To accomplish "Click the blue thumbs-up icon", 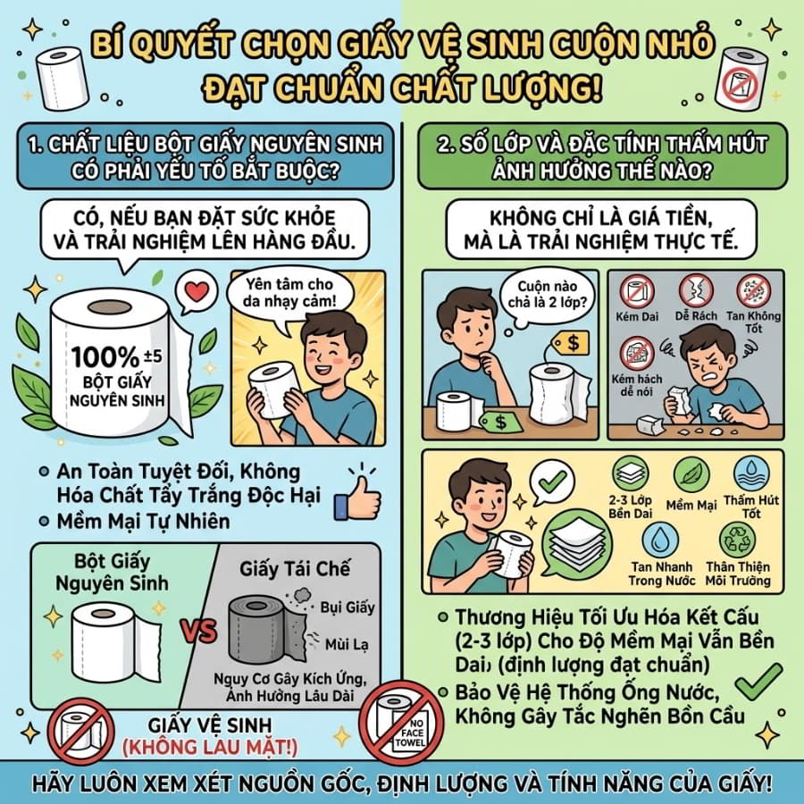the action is (x=357, y=498).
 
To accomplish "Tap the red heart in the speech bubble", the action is (x=197, y=292).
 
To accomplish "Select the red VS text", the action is (x=199, y=630).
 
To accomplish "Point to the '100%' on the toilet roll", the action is (x=105, y=357).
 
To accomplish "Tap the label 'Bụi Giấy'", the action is (x=348, y=607).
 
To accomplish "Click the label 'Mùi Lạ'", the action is (x=347, y=644).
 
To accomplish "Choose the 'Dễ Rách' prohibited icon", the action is (x=696, y=290).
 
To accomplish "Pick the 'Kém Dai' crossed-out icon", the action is (x=637, y=290).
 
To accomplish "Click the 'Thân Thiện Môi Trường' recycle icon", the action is (x=737, y=540).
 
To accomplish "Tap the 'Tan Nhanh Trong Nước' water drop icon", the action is (x=660, y=540).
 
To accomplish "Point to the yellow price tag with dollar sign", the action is (x=570, y=342).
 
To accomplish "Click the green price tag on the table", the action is (x=500, y=422).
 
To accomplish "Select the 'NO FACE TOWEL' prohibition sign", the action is (x=401, y=723).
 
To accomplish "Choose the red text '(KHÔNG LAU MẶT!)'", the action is (x=210, y=747).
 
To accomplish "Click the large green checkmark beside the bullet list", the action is (x=758, y=682).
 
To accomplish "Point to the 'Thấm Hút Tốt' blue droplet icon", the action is (x=751, y=473).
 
